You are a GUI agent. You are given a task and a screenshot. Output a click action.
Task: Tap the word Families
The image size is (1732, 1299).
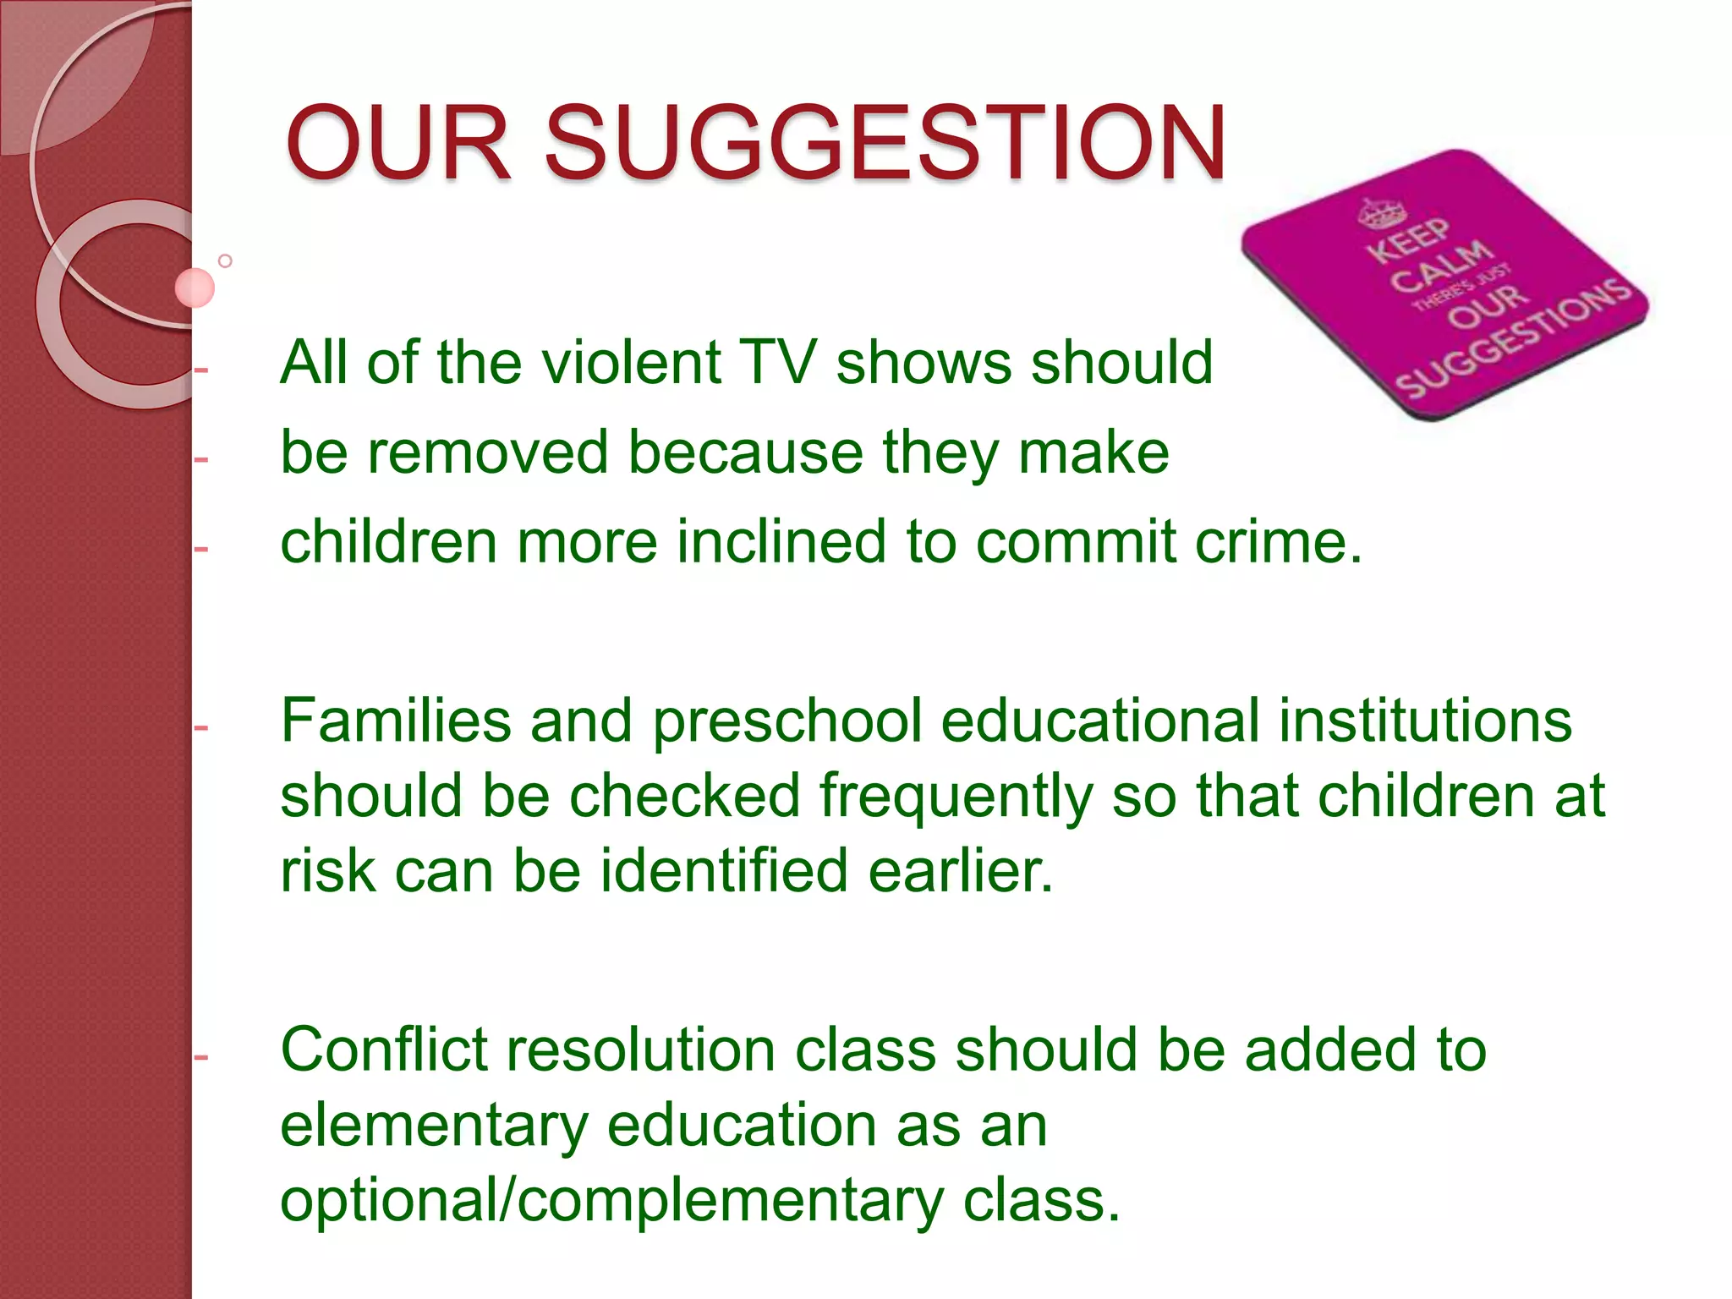(396, 721)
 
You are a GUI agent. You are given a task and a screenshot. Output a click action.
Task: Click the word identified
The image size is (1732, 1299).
(724, 871)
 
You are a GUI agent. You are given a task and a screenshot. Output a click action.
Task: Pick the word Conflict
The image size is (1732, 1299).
(385, 1050)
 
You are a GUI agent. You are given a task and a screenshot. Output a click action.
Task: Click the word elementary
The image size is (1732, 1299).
(434, 1126)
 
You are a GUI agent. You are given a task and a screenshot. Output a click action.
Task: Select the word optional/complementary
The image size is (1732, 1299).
(611, 1201)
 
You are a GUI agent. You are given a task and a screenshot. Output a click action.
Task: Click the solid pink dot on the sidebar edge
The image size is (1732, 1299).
(195, 288)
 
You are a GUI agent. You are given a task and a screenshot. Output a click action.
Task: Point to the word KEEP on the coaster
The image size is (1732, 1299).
(1408, 240)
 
